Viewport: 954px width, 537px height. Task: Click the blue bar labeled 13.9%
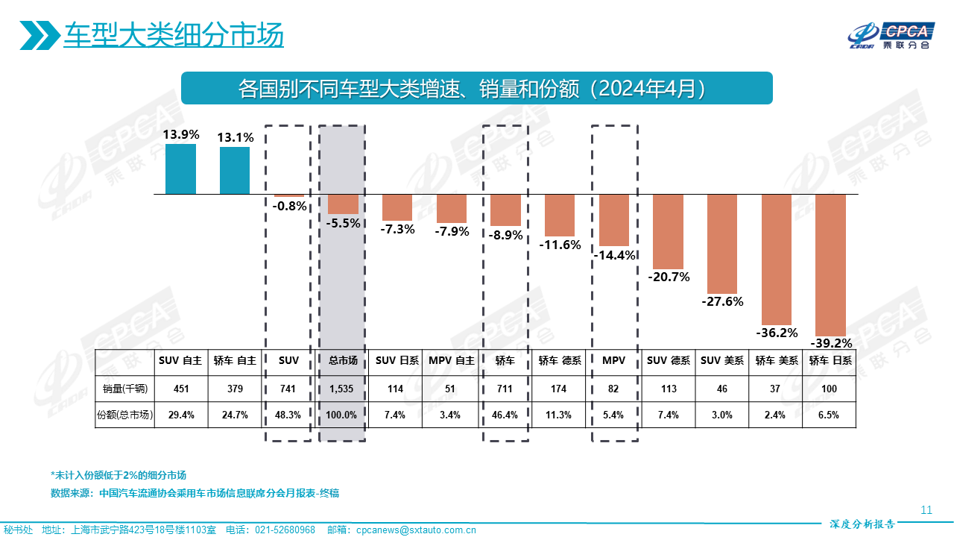pyautogui.click(x=180, y=169)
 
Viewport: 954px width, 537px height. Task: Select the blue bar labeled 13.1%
pyautogui.click(x=235, y=170)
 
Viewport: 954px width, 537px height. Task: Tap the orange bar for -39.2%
pyautogui.click(x=831, y=265)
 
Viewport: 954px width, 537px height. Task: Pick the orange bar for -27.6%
pyautogui.click(x=722, y=244)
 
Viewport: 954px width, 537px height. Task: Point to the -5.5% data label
pyautogui.click(x=344, y=223)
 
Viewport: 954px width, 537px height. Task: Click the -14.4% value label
pyautogui.click(x=615, y=255)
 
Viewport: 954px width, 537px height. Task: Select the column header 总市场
pyautogui.click(x=344, y=360)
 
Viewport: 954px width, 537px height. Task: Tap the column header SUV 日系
pyautogui.click(x=397, y=360)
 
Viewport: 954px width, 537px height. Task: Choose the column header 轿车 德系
pyautogui.click(x=560, y=360)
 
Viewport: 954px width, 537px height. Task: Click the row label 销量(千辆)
pyautogui.click(x=124, y=389)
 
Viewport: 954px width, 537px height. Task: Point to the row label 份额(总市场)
pyautogui.click(x=124, y=415)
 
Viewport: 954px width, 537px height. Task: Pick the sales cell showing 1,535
pyautogui.click(x=344, y=389)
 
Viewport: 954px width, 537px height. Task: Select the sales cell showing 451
pyautogui.click(x=180, y=389)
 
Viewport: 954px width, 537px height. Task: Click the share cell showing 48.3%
pyautogui.click(x=288, y=415)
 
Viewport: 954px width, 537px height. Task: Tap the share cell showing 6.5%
pyautogui.click(x=829, y=415)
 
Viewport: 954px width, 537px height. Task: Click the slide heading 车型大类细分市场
pyautogui.click(x=173, y=35)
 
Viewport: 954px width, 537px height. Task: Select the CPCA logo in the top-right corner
pyautogui.click(x=891, y=35)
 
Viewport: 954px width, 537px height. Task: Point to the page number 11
pyautogui.click(x=926, y=510)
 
